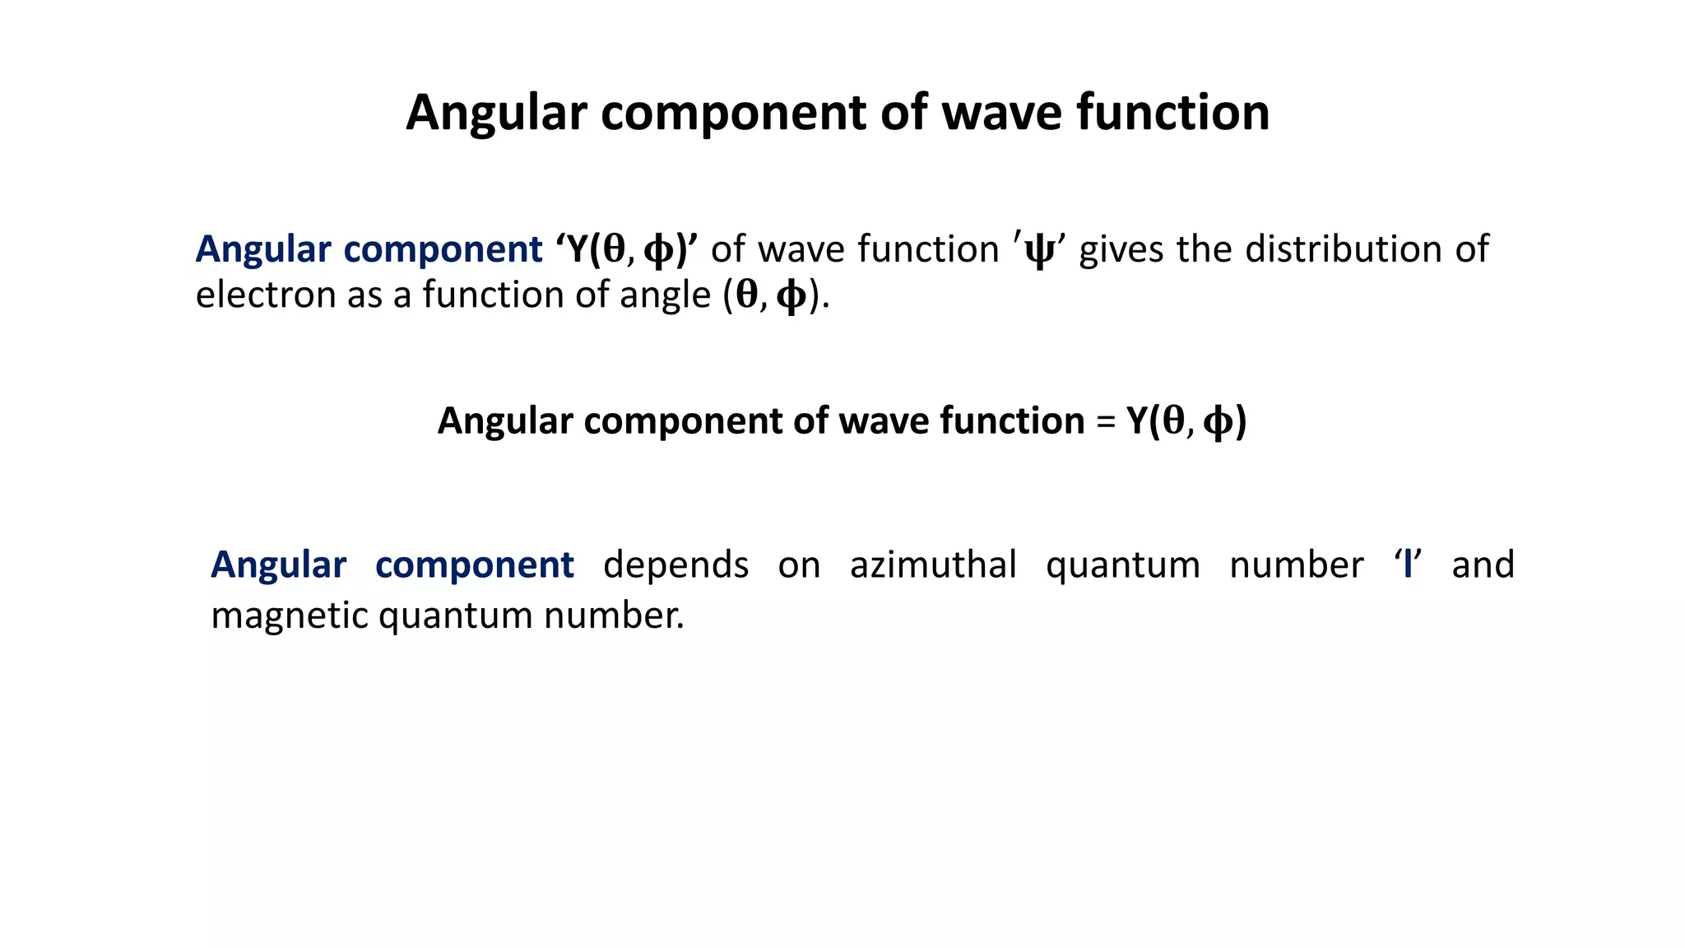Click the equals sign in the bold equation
tap(1105, 422)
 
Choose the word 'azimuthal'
tap(933, 565)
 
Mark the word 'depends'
tap(675, 565)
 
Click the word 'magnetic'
tap(289, 616)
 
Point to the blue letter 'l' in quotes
tap(1408, 565)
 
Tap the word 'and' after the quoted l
tap(1483, 565)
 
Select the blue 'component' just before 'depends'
tap(474, 565)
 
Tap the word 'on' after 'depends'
tap(799, 565)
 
